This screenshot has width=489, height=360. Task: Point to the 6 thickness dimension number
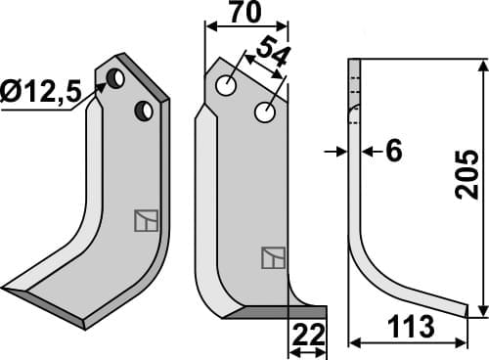(x=394, y=151)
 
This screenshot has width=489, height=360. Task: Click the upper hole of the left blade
(x=116, y=77)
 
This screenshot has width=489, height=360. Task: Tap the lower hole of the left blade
(x=143, y=110)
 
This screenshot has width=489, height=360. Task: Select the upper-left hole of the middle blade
(x=226, y=86)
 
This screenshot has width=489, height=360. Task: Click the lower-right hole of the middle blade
(x=263, y=113)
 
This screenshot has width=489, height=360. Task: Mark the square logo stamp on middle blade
(x=273, y=258)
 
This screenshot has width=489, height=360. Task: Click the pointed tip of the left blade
(x=6, y=289)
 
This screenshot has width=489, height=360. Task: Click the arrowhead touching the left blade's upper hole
(x=102, y=89)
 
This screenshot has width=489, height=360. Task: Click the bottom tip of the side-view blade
(x=467, y=311)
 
